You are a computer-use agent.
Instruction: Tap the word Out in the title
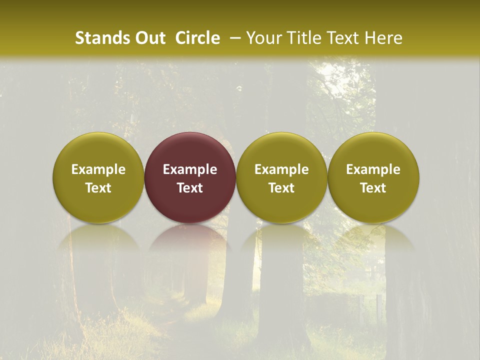[x=149, y=38]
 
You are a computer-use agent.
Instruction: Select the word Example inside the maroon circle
[x=190, y=169]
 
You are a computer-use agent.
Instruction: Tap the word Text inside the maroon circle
[x=190, y=188]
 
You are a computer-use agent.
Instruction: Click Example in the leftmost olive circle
[x=98, y=169]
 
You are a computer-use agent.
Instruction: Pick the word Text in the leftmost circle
[x=98, y=188]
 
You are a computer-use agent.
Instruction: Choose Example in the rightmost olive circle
[x=373, y=169]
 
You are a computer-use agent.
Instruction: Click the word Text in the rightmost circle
[x=373, y=188]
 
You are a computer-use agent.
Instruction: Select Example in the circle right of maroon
[x=281, y=169]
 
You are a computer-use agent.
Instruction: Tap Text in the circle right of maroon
[x=281, y=188]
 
